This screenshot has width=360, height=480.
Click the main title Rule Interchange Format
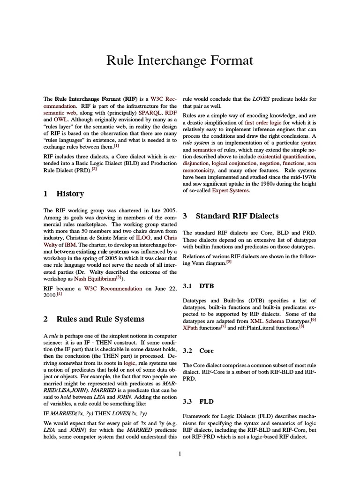tap(180, 60)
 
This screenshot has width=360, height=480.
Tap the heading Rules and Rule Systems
tap(94, 319)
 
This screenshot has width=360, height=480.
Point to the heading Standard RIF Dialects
tap(230, 216)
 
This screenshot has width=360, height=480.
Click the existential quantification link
tap(286, 156)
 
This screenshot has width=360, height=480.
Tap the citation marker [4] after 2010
tap(59, 294)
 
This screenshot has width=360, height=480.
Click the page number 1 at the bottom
tap(180, 453)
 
